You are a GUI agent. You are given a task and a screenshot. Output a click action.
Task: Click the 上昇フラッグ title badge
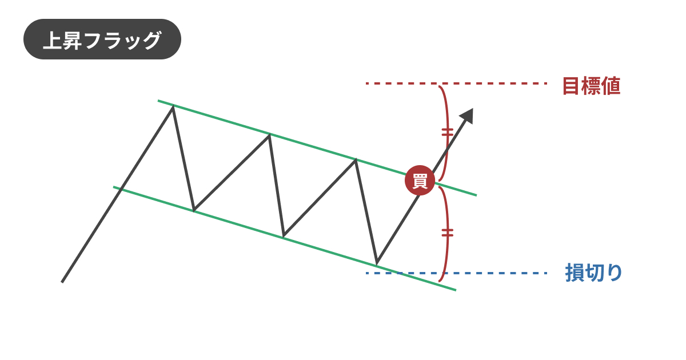(x=102, y=39)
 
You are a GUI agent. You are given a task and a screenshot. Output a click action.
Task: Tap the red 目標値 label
(x=592, y=86)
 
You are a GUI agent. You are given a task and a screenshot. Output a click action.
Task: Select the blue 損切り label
(x=593, y=272)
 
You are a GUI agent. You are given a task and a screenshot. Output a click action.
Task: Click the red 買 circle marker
(x=420, y=181)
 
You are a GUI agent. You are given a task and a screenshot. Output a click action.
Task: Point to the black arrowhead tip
(x=473, y=109)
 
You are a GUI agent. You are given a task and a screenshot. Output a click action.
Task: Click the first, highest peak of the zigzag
(x=173, y=106)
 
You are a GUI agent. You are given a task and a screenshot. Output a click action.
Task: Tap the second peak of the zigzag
(x=269, y=135)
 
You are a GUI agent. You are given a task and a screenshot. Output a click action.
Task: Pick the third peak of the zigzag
(x=356, y=159)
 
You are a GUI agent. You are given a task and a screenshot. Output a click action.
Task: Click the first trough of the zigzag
(x=194, y=210)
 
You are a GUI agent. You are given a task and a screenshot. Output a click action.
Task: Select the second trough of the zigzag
(x=284, y=236)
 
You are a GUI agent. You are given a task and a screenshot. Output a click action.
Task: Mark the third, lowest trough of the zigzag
(x=377, y=263)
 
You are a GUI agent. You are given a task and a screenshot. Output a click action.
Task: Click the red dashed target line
(x=456, y=83)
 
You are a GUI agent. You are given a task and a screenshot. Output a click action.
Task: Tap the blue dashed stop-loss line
(x=456, y=273)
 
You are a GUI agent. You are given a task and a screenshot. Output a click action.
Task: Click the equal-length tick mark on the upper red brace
(x=448, y=133)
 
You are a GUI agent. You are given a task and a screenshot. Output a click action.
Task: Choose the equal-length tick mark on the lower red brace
(x=448, y=233)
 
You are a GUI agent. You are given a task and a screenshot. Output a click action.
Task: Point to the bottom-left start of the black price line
(x=62, y=282)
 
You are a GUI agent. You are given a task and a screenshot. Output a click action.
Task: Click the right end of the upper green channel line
(x=477, y=195)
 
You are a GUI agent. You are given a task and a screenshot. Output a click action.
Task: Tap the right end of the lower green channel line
(x=456, y=290)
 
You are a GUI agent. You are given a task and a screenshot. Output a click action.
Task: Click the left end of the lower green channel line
(x=114, y=187)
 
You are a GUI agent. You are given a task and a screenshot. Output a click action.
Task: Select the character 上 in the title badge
(x=53, y=40)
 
